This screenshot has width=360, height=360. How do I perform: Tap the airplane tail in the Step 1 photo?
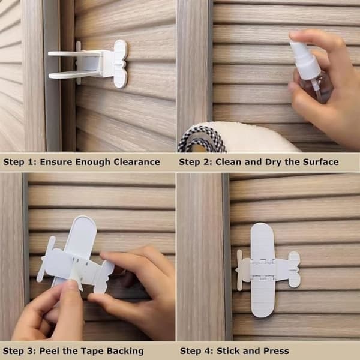pyautogui.click(x=121, y=64)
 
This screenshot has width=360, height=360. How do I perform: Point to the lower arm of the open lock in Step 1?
pyautogui.click(x=73, y=74)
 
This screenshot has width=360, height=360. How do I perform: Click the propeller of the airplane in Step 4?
pyautogui.click(x=239, y=270)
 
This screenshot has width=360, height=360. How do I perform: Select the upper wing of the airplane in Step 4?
pyautogui.click(x=262, y=242)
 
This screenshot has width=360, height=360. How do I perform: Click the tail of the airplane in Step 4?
pyautogui.click(x=294, y=269)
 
